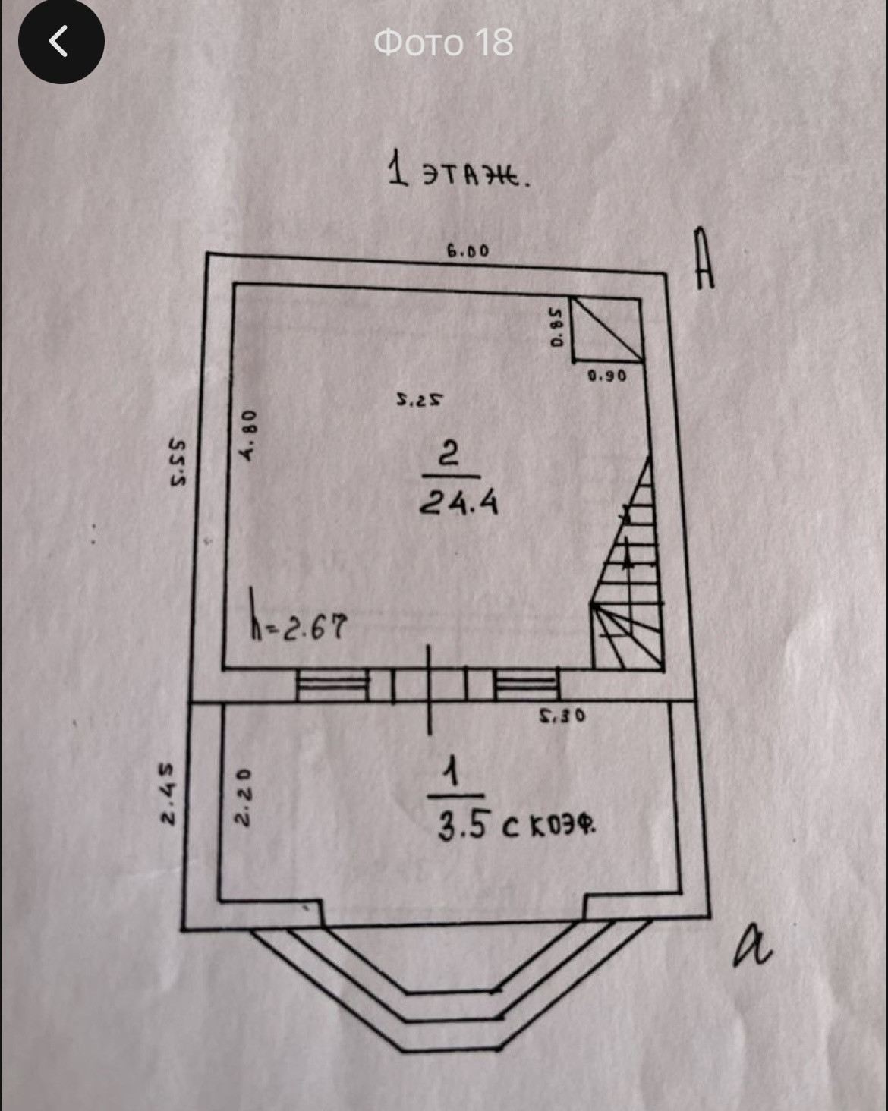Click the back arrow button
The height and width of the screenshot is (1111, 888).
click(61, 42)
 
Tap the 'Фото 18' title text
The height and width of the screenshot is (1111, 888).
click(443, 42)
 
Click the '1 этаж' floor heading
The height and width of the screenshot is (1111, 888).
click(458, 172)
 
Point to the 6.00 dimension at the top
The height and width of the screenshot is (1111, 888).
click(468, 251)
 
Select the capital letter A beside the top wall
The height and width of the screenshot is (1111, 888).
click(704, 260)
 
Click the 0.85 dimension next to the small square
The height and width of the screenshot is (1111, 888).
click(558, 327)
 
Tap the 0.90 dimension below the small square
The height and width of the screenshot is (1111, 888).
click(607, 375)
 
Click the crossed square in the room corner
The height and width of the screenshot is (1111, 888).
click(606, 329)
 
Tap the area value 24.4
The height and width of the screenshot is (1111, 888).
click(459, 502)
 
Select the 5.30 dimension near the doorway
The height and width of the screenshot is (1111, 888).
click(562, 715)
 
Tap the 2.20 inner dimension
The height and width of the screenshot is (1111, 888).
click(241, 797)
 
